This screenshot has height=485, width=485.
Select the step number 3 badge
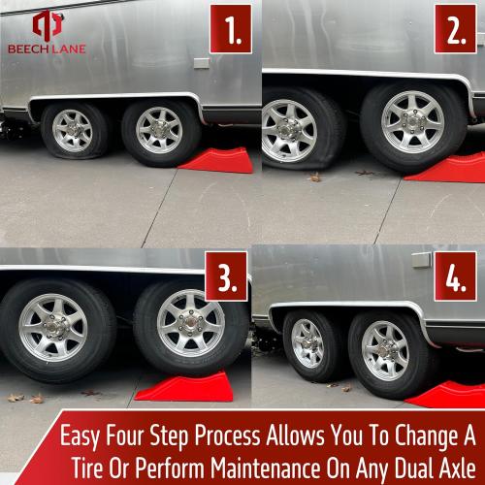click(226, 277)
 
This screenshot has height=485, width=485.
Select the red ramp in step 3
click(184, 386)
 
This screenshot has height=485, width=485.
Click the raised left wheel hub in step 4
click(307, 341)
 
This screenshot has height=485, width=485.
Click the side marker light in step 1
click(201, 63)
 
